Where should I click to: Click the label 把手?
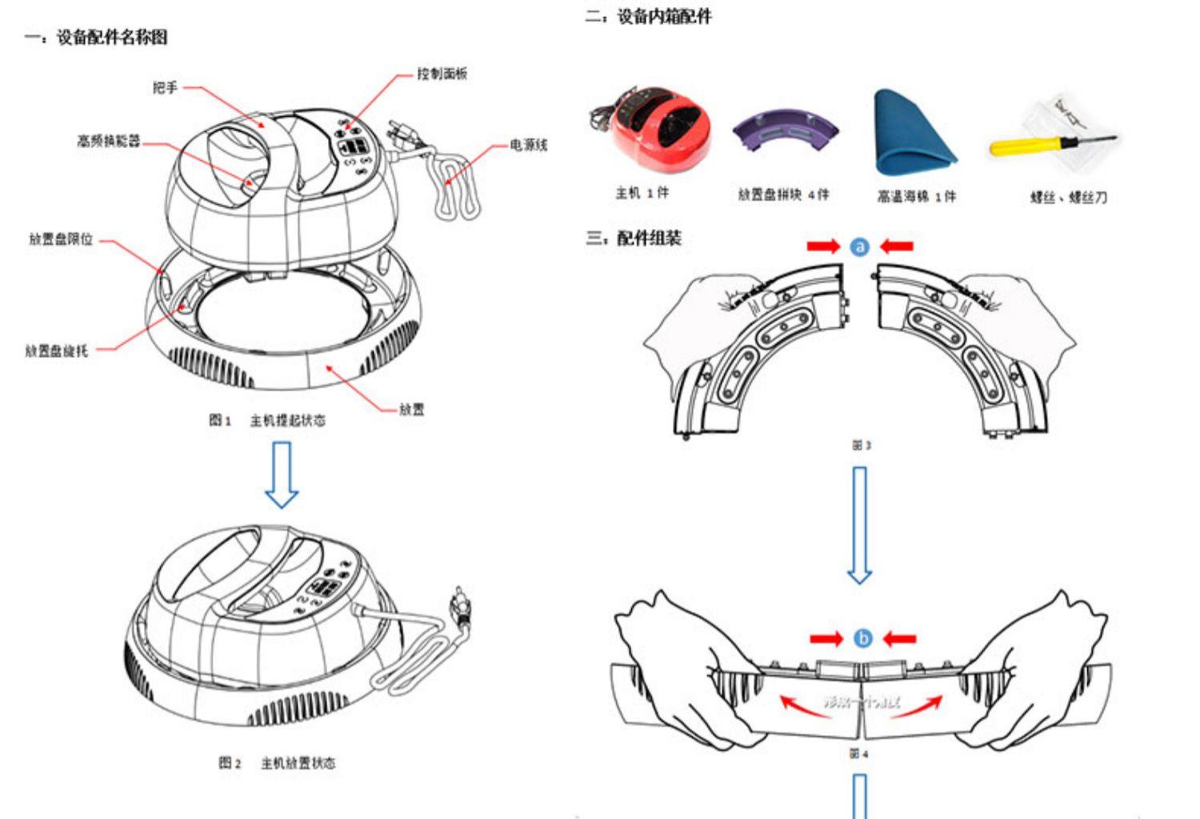tap(166, 87)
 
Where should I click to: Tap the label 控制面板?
tap(442, 74)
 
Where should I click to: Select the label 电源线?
tap(529, 145)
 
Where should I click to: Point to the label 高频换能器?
tap(109, 141)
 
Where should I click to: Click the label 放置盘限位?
tap(61, 239)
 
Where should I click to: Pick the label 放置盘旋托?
tap(57, 350)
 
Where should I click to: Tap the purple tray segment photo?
tap(786, 131)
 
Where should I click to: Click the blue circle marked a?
tap(859, 247)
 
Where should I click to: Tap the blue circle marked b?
tap(862, 638)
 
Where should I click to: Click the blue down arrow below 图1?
tap(282, 475)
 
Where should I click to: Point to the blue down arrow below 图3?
tap(859, 525)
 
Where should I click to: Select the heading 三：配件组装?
tap(633, 238)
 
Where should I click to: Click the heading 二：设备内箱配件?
tap(648, 16)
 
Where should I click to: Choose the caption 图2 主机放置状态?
tap(277, 763)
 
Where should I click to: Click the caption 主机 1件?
tap(642, 193)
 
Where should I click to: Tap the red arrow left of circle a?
tap(823, 247)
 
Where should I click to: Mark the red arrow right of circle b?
tap(899, 638)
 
